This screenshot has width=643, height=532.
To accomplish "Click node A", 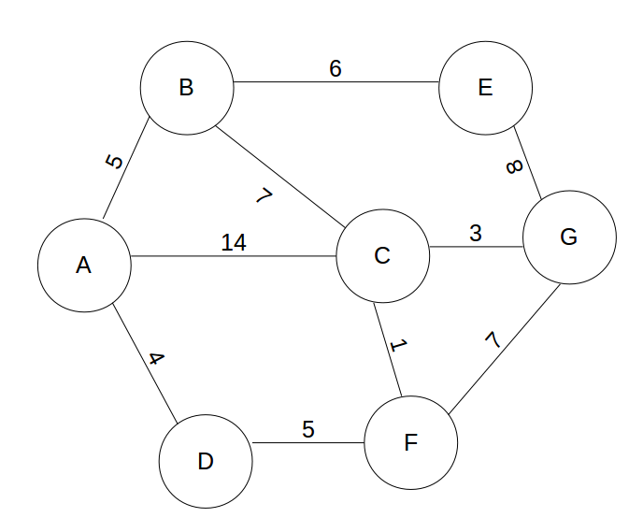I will click(84, 266).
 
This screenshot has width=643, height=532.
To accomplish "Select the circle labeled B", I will click(186, 88).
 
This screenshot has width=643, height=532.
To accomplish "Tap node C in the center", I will click(381, 255).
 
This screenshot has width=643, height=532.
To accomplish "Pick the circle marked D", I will click(206, 461).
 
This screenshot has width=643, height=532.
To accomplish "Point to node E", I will click(484, 88).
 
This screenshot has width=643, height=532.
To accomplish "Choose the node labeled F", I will click(410, 442).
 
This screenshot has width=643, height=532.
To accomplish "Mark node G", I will click(569, 237).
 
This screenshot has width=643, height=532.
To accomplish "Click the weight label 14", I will click(234, 242).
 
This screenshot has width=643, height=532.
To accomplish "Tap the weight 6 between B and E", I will click(335, 69).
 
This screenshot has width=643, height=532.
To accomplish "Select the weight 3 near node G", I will click(475, 233).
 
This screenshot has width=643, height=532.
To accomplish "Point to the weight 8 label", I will click(513, 166).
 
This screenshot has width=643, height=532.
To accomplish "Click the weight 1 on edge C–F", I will click(399, 346).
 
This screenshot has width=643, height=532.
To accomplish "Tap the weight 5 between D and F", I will click(307, 429).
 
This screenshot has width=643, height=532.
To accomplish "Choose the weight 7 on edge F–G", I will click(494, 338).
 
